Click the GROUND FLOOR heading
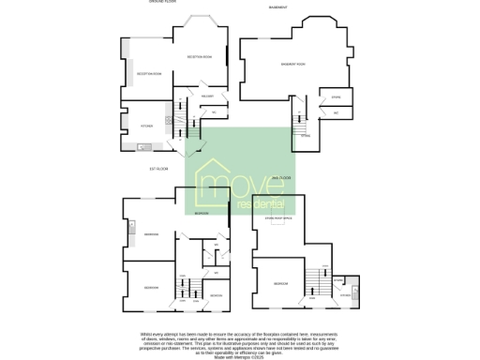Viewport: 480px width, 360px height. (161, 3)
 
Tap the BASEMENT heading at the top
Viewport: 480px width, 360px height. (277, 7)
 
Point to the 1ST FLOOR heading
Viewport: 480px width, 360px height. (157, 169)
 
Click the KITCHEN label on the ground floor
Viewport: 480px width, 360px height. (146, 126)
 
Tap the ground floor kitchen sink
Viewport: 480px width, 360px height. (143, 146)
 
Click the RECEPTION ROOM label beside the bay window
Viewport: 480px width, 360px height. (199, 57)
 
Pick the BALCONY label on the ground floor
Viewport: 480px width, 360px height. (207, 96)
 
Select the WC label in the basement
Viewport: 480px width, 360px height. (335, 112)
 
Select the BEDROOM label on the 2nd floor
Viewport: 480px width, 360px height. (278, 282)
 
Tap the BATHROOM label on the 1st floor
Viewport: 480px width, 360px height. (216, 295)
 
